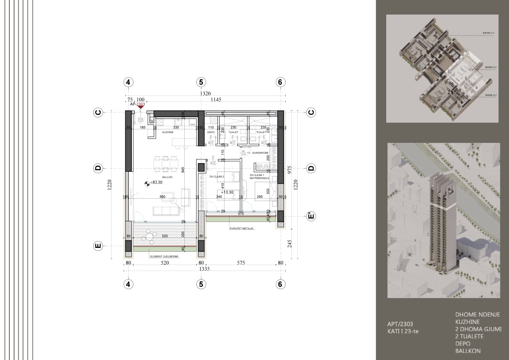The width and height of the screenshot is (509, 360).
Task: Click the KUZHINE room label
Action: click(x=167, y=133)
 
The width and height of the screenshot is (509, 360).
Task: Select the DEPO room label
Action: click(x=210, y=133)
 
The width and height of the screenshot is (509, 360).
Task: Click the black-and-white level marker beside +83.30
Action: click(x=147, y=183)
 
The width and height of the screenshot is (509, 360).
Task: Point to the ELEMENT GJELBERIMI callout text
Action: click(x=164, y=256)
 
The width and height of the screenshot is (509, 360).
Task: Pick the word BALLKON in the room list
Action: click(x=468, y=351)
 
